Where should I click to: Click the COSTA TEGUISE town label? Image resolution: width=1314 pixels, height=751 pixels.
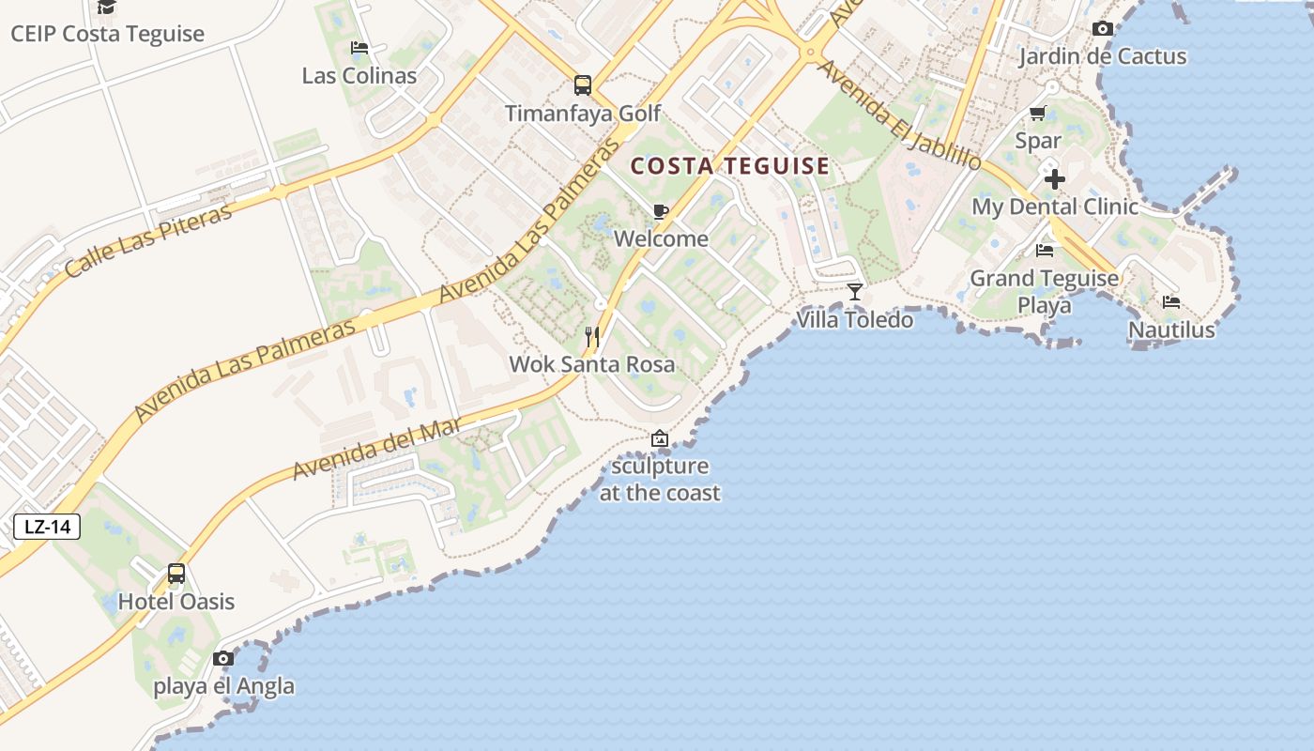[729, 167]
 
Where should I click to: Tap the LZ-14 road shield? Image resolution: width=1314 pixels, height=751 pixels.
[47, 527]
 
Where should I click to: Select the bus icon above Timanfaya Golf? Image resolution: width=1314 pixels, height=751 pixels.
[582, 85]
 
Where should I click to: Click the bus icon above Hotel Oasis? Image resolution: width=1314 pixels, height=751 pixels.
[176, 574]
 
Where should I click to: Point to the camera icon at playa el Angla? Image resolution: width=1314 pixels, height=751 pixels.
[223, 658]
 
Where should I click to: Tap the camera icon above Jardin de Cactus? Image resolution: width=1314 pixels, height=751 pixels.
[1103, 29]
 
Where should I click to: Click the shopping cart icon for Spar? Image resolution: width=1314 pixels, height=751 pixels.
[1037, 114]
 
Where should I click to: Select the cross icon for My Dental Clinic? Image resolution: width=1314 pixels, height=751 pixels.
[1054, 178]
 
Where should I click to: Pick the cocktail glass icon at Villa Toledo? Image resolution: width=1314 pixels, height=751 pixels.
[854, 292]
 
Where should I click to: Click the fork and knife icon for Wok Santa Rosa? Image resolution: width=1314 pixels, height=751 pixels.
[592, 336]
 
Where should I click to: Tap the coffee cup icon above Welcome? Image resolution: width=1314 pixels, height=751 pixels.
[660, 211]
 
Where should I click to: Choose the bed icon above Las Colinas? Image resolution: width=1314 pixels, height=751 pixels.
[359, 48]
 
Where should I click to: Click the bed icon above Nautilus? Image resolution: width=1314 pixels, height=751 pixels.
[1170, 302]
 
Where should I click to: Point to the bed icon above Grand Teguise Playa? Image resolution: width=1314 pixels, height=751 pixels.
[1044, 251]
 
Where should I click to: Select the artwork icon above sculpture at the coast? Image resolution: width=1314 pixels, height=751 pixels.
[660, 438]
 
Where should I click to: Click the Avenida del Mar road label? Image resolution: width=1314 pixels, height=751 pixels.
[377, 448]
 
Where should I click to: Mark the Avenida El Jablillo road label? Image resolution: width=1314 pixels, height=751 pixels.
[898, 115]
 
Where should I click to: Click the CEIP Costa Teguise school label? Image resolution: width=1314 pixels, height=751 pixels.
[107, 34]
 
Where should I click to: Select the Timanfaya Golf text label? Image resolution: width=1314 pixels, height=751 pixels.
[583, 114]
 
